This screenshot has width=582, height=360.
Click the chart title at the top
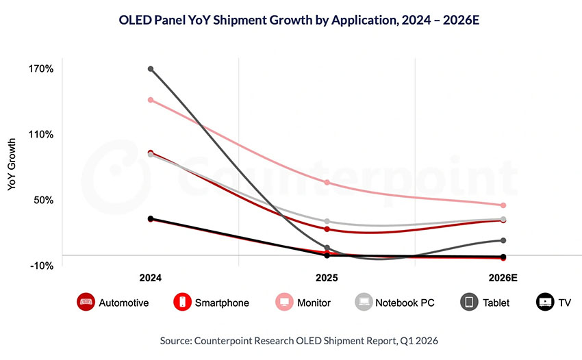point(290,20)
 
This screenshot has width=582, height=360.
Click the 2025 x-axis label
point(327,279)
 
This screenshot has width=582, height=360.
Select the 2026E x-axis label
point(503,279)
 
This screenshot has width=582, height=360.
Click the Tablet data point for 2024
point(151,69)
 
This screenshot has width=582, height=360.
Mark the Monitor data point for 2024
point(151,100)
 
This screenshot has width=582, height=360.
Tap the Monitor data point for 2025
point(327,183)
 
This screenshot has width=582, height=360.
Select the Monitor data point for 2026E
point(503,205)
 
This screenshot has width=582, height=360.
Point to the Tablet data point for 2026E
point(503,240)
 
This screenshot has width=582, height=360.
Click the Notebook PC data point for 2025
point(327,222)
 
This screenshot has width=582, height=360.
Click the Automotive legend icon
point(86,302)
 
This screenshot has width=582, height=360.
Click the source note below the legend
point(290,339)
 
